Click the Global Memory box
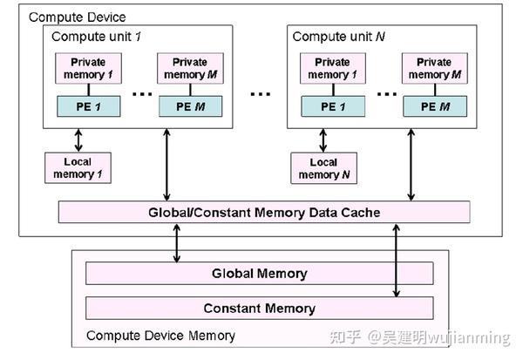259,274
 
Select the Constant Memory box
259,308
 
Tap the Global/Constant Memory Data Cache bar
263,212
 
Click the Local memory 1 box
78,167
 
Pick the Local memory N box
323,167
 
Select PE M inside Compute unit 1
189,106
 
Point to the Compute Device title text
78,17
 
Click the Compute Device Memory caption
160,336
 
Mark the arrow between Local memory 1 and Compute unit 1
78,138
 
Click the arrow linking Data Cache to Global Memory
178,241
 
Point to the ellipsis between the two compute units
260,92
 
